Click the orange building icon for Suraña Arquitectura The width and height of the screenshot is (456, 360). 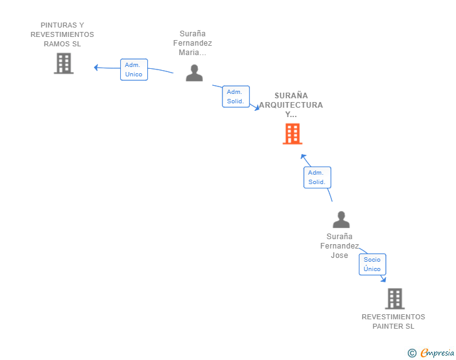pos(292,133)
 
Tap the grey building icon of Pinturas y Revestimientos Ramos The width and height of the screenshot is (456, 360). pos(63,63)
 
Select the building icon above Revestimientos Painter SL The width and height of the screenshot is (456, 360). pos(395,299)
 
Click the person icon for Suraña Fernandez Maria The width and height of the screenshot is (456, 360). pos(194,73)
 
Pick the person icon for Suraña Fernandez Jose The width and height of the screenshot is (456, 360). pos(341,219)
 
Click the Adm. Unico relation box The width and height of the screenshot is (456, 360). pos(133,69)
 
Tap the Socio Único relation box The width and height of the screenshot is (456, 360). pos(372,264)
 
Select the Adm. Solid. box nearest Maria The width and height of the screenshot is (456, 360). pos(236,96)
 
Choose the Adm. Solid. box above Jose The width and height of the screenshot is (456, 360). pos(316,177)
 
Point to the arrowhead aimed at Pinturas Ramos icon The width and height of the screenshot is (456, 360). pos(96,68)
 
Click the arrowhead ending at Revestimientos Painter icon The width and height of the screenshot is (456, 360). pos(383,279)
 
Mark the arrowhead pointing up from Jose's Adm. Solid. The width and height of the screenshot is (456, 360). pos(303,156)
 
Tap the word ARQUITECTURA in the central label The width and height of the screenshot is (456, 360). pos(291,105)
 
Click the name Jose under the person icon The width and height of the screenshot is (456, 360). pos(339,255)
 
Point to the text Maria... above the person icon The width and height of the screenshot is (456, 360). pos(192,53)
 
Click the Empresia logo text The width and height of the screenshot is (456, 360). pos(438,353)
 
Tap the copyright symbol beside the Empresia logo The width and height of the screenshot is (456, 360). pos(412,353)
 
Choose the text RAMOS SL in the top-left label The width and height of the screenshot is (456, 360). pos(62,44)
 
